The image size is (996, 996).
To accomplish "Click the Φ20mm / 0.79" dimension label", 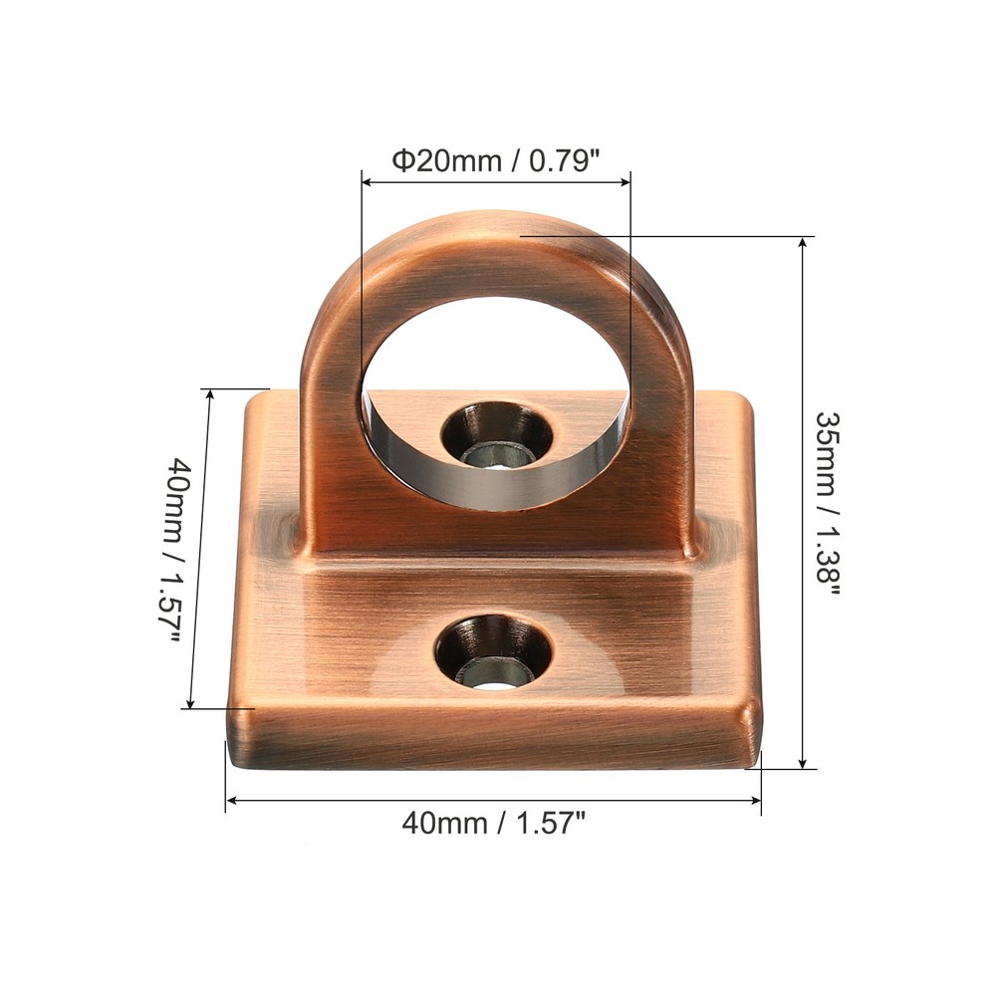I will (x=495, y=160).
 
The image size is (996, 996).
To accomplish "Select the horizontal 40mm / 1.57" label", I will (x=493, y=823).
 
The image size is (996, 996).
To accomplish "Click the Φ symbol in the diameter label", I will (x=401, y=160).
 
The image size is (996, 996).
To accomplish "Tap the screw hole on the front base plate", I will (x=494, y=653).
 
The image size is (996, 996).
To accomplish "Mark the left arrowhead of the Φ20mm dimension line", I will (x=367, y=181).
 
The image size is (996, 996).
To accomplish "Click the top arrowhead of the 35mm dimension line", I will (x=804, y=242).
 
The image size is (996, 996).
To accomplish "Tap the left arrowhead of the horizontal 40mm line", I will (x=231, y=799).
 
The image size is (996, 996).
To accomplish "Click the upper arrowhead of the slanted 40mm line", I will (x=210, y=393).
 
